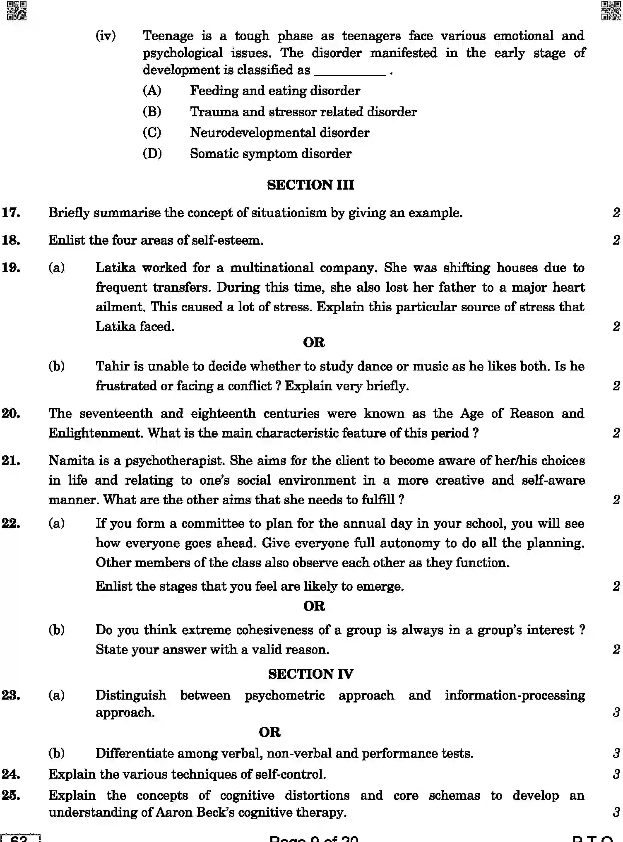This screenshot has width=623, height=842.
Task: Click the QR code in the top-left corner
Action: [17, 10]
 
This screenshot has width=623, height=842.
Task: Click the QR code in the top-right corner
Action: [610, 10]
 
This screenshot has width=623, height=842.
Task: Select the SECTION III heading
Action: [310, 185]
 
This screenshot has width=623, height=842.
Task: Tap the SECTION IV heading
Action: [310, 674]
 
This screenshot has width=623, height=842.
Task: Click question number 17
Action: [11, 213]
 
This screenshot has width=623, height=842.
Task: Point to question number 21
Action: [11, 460]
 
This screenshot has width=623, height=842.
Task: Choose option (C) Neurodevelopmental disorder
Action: [279, 132]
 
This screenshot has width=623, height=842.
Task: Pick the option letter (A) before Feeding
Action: [152, 91]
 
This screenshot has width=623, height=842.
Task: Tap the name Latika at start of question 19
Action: [115, 268]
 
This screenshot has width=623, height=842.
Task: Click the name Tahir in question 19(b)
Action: [112, 366]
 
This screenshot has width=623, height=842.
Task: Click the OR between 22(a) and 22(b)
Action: [314, 606]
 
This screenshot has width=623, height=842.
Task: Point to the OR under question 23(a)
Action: [269, 732]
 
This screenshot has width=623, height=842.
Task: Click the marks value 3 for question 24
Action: [616, 774]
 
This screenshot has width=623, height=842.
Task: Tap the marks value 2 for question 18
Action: [616, 240]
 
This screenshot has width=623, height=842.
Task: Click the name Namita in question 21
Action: [72, 460]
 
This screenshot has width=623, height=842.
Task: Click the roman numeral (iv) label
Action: [106, 36]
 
